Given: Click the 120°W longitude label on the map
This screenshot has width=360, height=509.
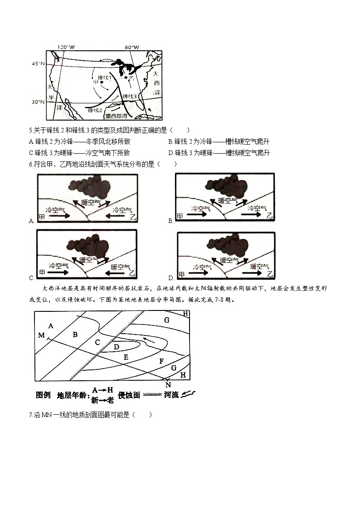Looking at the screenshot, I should pyautogui.click(x=66, y=47).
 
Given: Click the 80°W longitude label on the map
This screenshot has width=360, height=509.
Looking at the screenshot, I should pyautogui.click(x=132, y=47).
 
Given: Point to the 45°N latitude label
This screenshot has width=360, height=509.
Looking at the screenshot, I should pyautogui.click(x=38, y=64).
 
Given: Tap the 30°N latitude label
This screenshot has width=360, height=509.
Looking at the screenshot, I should pyautogui.click(x=38, y=102).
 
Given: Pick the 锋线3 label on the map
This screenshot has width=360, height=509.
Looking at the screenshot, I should pyautogui.click(x=130, y=96).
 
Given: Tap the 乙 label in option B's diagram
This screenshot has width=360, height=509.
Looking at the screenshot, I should pyautogui.click(x=269, y=215).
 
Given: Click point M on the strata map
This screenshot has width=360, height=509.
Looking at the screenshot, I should pyautogui.click(x=41, y=335).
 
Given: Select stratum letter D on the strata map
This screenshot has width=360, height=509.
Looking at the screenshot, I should pyautogui.click(x=117, y=347).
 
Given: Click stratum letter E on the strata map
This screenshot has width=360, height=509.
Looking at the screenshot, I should pyautogui.click(x=126, y=358).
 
